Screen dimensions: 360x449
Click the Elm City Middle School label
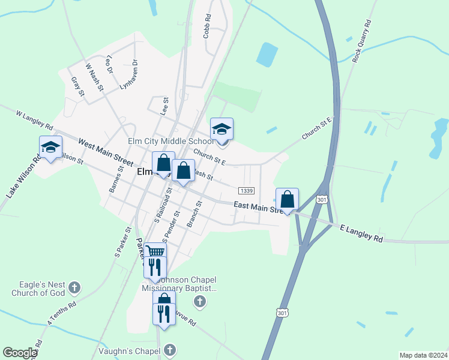170,142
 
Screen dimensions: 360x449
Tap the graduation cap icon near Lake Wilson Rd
51,146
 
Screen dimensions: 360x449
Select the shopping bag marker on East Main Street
287,199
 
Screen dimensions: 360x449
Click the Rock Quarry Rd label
363,41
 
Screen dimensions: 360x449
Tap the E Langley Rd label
361,234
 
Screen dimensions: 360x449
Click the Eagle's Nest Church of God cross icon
74,287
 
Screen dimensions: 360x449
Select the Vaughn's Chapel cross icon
170,350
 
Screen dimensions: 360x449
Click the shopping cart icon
155,251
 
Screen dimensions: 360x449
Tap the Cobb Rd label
208,26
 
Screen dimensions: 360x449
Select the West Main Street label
106,153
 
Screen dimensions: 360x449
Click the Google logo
19,353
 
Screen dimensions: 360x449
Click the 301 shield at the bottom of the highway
282,312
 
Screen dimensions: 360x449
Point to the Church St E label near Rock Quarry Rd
316,129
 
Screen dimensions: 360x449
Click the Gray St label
77,86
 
